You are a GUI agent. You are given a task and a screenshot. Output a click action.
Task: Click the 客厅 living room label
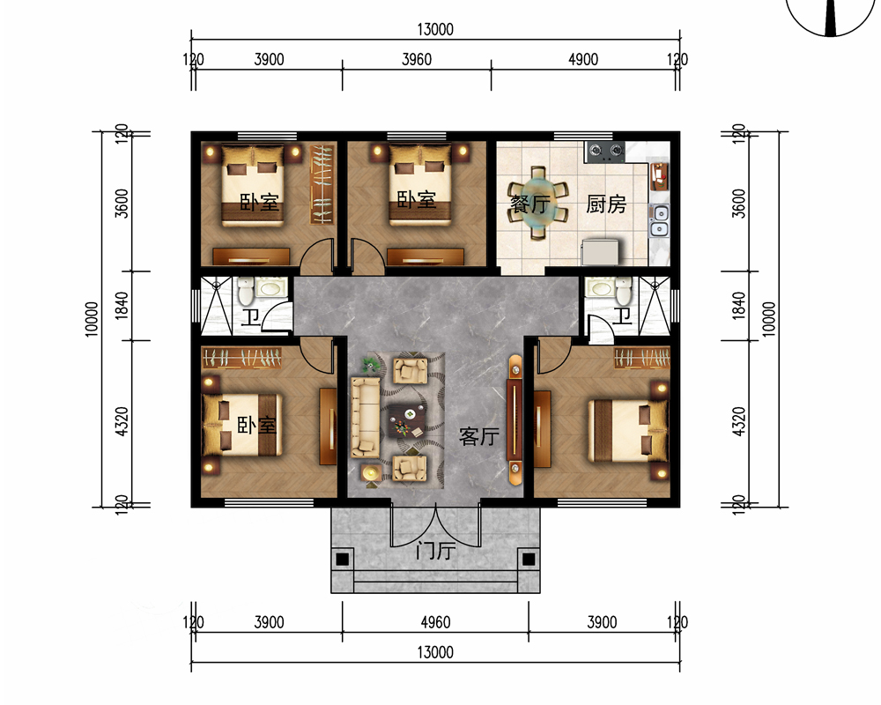pos(478,436)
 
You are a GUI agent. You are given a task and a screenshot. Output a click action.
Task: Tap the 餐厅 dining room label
pos(529,204)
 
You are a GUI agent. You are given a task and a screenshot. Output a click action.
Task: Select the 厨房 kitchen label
pos(606,204)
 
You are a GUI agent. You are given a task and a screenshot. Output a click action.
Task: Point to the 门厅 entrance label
pos(435,550)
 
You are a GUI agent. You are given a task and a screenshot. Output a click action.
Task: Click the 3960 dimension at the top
pos(417,59)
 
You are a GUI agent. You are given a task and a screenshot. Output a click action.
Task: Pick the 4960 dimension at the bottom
pos(435,622)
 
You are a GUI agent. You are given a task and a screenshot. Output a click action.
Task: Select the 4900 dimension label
pos(583,59)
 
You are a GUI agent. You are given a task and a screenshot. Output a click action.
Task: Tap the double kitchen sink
pos(660,220)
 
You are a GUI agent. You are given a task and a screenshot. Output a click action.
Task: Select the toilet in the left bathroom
pos(246,291)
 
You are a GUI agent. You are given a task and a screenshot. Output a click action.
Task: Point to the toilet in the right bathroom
pos(624,291)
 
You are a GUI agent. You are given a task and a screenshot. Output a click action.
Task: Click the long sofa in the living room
pos(366,417)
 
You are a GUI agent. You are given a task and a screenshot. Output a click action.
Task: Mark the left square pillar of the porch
pos(342,560)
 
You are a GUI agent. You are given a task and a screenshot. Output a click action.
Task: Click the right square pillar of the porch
pos(529,560)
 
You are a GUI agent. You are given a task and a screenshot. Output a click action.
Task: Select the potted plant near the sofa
pos(371,366)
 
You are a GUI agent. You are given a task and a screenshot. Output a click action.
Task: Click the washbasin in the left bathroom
pos(270,288)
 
